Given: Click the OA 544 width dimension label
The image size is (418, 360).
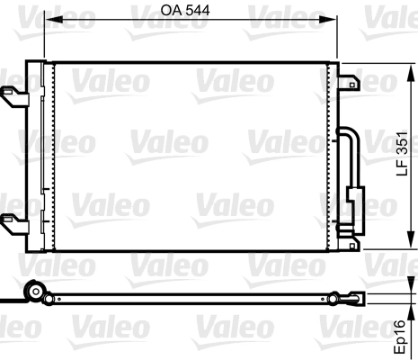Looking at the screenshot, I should [x=190, y=11].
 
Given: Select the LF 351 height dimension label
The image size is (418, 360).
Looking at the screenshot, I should [x=404, y=154].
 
